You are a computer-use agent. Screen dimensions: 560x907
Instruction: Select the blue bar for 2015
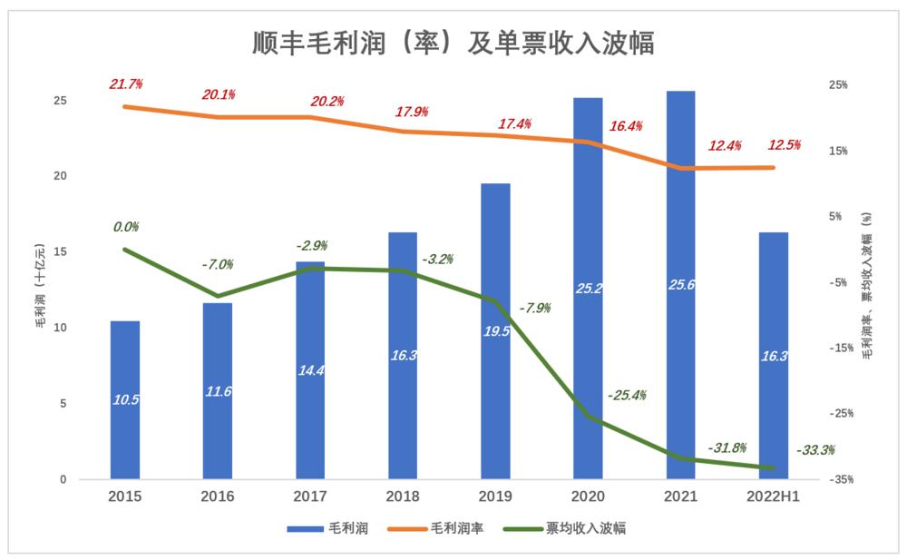point(125,399)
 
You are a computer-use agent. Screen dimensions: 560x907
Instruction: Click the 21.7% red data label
point(126,84)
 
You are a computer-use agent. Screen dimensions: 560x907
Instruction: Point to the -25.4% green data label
point(628,395)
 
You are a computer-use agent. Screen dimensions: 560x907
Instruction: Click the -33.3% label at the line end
point(814,449)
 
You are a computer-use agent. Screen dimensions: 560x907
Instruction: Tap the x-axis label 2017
point(310,496)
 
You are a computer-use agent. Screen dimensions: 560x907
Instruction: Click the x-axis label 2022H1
point(773,496)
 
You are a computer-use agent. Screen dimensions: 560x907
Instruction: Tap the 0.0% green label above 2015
point(126,227)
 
